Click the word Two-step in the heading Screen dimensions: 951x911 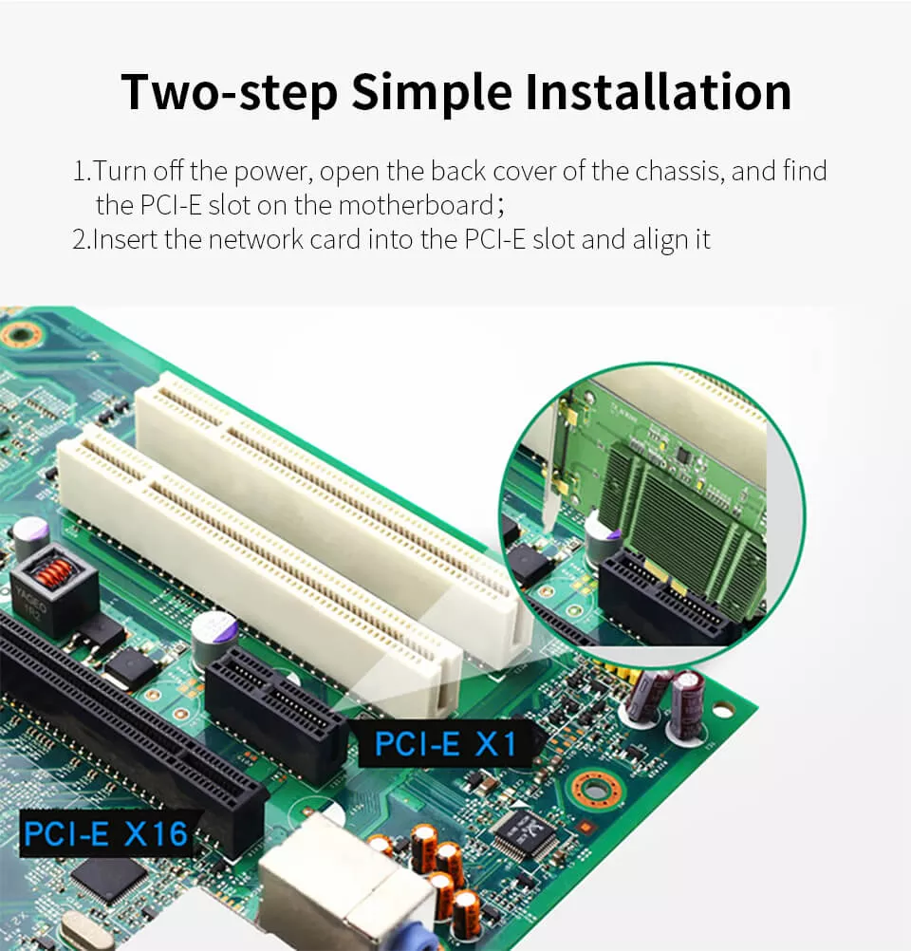point(229,91)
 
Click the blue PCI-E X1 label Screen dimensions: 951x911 point(445,742)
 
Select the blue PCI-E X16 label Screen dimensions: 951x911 point(103,833)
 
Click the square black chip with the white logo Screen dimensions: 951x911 point(523,833)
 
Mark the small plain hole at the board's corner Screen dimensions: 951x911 point(723,709)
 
